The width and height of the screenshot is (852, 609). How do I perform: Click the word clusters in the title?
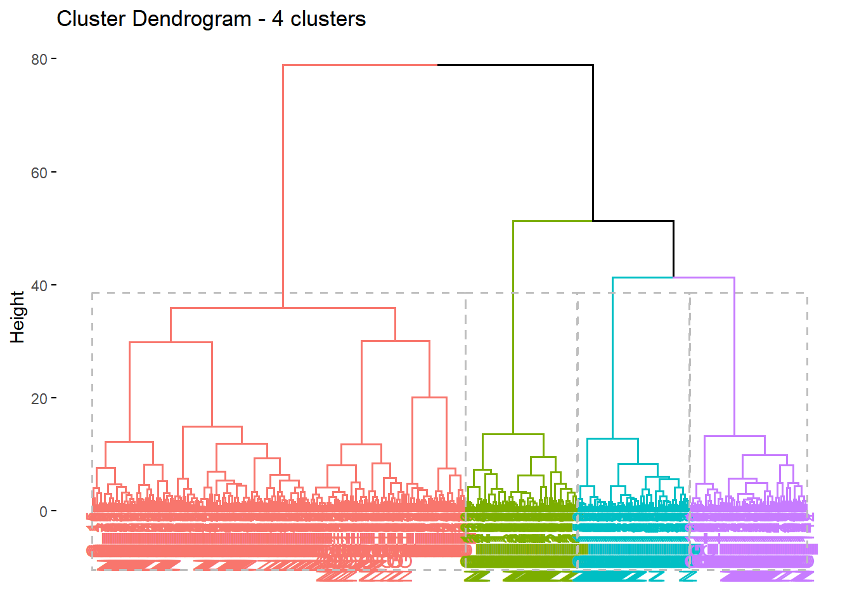pos(328,19)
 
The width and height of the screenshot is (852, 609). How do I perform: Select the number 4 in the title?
pos(277,19)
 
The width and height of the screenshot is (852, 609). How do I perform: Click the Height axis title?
pos(18,317)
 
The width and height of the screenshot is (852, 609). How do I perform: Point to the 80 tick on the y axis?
pos(39,59)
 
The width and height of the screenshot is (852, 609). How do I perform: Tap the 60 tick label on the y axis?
pos(39,173)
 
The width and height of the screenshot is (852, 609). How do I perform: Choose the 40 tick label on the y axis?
pos(39,285)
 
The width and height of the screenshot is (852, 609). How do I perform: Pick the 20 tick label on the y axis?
pos(39,398)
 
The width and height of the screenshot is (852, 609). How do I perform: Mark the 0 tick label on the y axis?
pos(43,511)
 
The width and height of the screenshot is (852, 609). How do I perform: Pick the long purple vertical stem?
pos(734,356)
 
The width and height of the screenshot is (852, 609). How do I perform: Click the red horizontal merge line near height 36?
pos(283,308)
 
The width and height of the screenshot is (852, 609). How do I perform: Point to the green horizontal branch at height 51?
pos(552,221)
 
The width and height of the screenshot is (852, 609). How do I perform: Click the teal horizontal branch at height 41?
pos(643,277)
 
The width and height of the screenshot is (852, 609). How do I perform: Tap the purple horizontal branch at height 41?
pos(704,277)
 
